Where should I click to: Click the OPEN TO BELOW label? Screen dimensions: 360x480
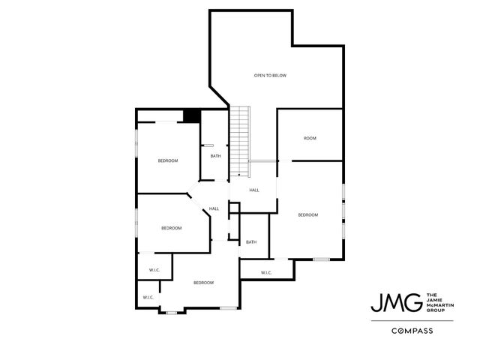[x=270, y=76]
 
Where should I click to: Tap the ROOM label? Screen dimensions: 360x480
[x=310, y=139]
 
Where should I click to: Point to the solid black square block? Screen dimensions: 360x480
[x=192, y=115]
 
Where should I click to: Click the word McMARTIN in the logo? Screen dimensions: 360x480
[x=440, y=304]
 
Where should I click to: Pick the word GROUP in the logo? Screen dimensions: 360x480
[x=434, y=310]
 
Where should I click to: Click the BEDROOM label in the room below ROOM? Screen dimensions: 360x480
[x=308, y=215]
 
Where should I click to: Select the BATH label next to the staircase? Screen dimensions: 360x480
[x=215, y=156]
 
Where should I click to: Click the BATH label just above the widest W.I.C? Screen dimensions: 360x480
[x=251, y=241]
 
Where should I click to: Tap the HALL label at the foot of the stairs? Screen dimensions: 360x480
[x=254, y=190]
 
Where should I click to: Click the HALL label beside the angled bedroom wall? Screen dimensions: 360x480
[x=214, y=208]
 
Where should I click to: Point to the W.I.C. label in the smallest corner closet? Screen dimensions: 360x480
[x=148, y=298]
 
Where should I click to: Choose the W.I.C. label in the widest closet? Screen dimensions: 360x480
[x=266, y=272]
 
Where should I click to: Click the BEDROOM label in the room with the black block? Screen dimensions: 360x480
[x=168, y=161]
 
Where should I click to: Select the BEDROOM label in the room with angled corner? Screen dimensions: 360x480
[x=172, y=228]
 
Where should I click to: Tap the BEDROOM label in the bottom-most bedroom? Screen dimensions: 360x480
[x=203, y=283]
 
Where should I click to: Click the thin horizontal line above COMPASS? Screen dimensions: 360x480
[x=412, y=320]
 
